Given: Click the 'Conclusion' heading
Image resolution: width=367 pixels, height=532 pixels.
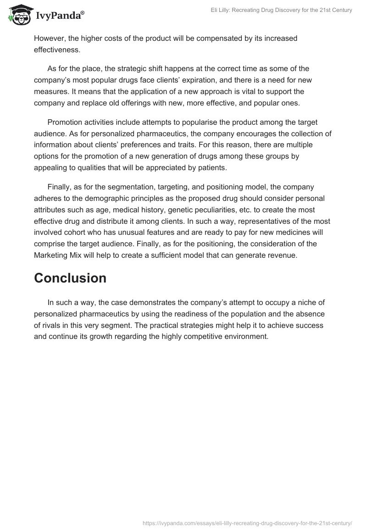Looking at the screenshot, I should (x=70, y=278).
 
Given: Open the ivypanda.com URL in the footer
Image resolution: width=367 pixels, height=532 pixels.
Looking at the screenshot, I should (x=247, y=522).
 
